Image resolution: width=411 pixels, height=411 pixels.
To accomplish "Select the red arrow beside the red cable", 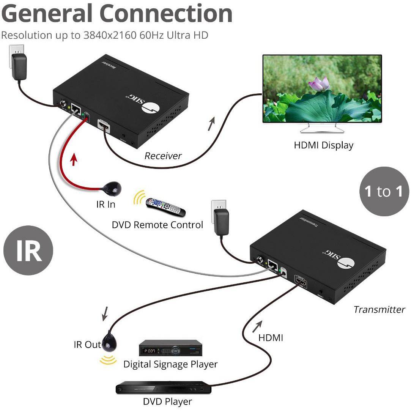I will [x=74, y=160].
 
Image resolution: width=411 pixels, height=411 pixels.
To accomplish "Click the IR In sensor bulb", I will [x=113, y=188].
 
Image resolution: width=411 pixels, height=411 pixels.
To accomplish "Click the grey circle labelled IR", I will [x=28, y=250].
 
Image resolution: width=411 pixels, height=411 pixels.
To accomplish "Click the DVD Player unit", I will [x=163, y=388].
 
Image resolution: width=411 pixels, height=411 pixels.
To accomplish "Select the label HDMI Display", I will [x=323, y=145].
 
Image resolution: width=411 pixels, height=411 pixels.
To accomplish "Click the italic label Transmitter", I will [x=379, y=310].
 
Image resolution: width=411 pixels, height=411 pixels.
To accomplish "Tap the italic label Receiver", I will [x=163, y=156].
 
